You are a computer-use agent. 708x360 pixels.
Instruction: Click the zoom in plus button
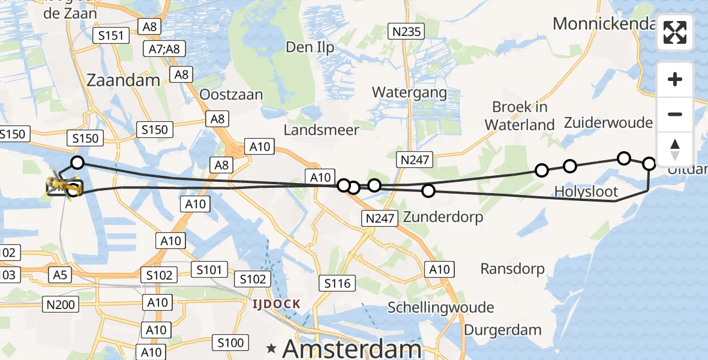(675, 79)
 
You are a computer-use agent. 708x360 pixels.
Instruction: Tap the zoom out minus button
(675, 114)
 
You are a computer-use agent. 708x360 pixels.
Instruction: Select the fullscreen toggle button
(675, 32)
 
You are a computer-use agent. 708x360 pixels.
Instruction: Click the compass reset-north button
(675, 149)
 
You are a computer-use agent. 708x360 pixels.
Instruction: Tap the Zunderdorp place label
(443, 217)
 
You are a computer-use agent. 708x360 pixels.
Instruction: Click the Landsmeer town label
(322, 130)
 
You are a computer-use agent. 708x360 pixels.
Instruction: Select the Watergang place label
(409, 92)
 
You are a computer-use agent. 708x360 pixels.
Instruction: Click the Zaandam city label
(124, 80)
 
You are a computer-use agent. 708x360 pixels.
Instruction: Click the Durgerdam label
(503, 329)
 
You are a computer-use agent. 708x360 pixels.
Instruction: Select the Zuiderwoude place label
(608, 123)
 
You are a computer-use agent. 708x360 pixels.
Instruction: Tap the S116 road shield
(337, 283)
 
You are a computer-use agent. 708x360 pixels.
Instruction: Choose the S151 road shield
(112, 35)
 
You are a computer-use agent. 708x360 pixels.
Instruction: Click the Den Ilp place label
(310, 47)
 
